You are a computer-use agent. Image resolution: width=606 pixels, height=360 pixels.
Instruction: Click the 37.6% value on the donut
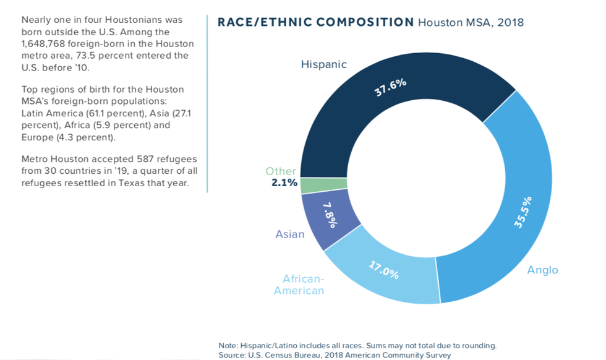click(x=390, y=87)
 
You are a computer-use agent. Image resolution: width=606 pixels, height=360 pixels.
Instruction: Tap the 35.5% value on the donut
click(x=523, y=212)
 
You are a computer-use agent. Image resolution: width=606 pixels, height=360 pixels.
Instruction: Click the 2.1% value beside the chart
click(x=284, y=182)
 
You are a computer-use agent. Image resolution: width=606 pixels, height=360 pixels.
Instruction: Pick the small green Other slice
click(x=314, y=186)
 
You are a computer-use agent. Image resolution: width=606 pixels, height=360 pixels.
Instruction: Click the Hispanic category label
click(x=323, y=64)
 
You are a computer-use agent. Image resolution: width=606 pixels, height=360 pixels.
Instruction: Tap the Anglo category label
click(x=542, y=270)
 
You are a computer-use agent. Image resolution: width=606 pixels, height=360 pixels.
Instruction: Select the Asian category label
click(x=290, y=234)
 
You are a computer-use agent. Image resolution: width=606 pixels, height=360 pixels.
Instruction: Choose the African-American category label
click(x=299, y=285)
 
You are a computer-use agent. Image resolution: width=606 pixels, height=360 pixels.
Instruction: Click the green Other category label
click(x=281, y=171)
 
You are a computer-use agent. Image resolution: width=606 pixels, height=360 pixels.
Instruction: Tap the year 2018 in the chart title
click(x=510, y=23)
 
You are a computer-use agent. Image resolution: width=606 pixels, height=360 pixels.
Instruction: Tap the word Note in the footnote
click(x=229, y=346)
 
